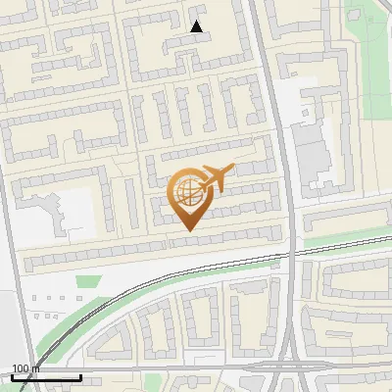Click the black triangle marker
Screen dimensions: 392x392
(x=197, y=26)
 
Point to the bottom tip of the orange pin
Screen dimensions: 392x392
(x=188, y=229)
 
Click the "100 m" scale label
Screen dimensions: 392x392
(x=25, y=368)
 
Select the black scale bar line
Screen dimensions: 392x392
(x=46, y=377)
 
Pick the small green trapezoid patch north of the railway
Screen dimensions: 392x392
(x=88, y=282)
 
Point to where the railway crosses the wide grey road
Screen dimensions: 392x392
(x=290, y=253)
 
